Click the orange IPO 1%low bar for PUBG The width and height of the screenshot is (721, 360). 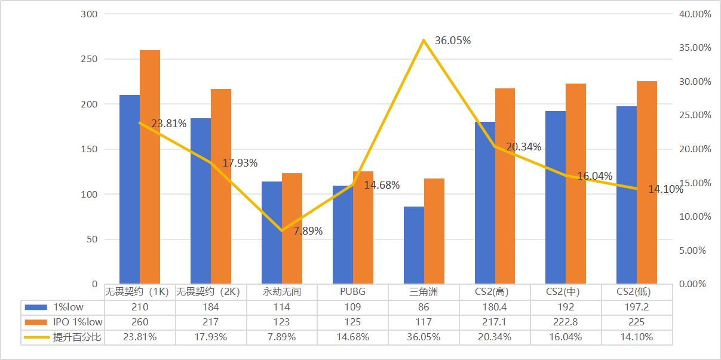[363, 227]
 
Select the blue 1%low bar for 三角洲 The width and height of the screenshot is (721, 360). [414, 245]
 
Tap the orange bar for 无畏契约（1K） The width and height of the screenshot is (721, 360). [150, 167]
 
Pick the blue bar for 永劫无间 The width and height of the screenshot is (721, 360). [272, 232]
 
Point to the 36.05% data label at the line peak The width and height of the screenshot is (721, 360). [453, 41]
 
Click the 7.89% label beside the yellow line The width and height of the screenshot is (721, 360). [308, 231]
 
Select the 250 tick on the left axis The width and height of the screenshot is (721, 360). [90, 59]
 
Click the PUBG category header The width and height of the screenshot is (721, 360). [352, 292]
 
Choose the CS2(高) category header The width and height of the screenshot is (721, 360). [495, 292]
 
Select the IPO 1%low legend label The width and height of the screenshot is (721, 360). [77, 322]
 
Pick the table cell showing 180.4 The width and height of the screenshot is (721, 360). [495, 307]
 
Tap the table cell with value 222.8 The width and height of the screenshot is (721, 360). [566, 322]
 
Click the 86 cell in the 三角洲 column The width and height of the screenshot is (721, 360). [424, 307]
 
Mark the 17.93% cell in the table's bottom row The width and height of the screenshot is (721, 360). [210, 337]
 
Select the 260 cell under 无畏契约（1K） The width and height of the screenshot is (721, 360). [140, 322]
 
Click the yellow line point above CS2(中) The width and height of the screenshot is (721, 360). [566, 176]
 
